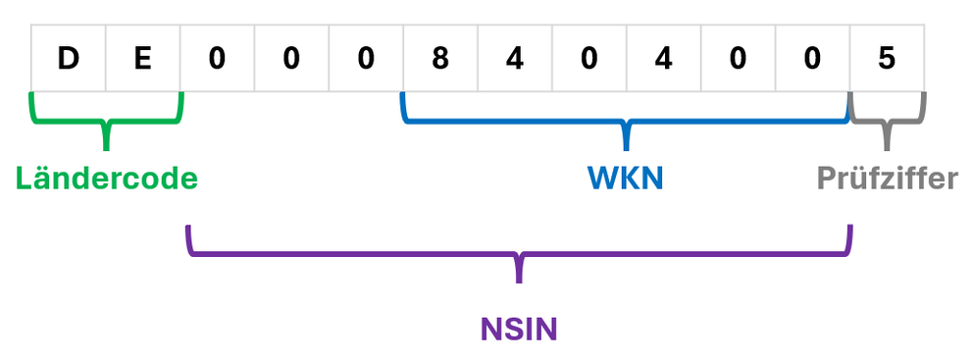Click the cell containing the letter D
pyautogui.click(x=68, y=59)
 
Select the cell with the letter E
pyautogui.click(x=143, y=59)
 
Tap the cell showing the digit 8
pyautogui.click(x=440, y=59)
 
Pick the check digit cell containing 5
pyautogui.click(x=887, y=59)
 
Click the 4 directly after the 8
pyautogui.click(x=515, y=59)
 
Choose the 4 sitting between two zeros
pyautogui.click(x=664, y=59)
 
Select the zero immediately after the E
pyautogui.click(x=217, y=59)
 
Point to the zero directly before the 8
pyautogui.click(x=366, y=59)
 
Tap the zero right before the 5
pyautogui.click(x=812, y=59)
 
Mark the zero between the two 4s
pyautogui.click(x=589, y=59)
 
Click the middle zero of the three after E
pyautogui.click(x=291, y=59)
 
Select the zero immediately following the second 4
pyautogui.click(x=738, y=59)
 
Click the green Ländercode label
pyautogui.click(x=107, y=179)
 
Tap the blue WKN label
pyautogui.click(x=625, y=179)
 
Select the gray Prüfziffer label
pyautogui.click(x=887, y=179)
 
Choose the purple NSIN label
pyautogui.click(x=518, y=328)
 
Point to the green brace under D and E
pyautogui.click(x=107, y=123)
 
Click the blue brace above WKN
pyautogui.click(x=625, y=123)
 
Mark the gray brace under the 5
pyautogui.click(x=887, y=123)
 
